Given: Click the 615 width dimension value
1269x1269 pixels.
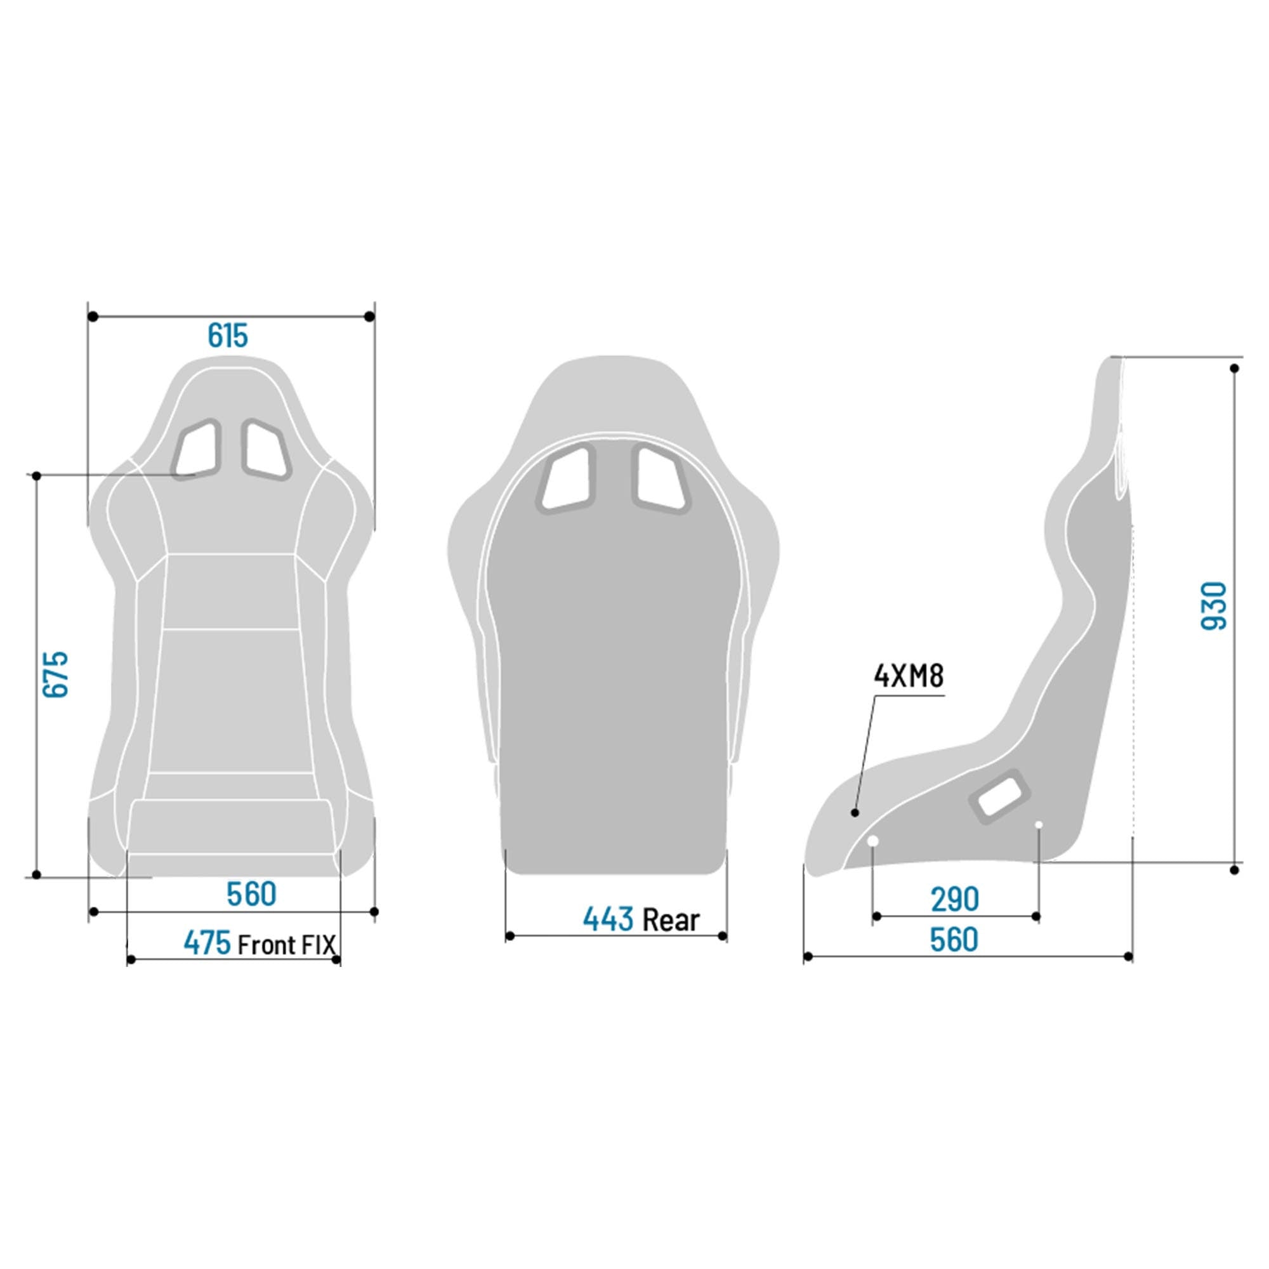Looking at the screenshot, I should [228, 336].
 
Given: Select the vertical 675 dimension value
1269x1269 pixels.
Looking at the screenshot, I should [56, 674].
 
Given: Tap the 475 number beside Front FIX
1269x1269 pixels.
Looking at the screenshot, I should [207, 944].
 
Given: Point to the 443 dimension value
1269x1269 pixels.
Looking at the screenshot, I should [608, 919].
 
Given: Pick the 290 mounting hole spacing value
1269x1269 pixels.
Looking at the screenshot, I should [954, 899].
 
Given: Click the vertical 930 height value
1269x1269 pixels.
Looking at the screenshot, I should [1214, 605].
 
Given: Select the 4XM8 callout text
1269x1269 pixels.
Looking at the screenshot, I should [909, 676].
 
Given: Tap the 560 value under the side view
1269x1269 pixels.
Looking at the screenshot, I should [954, 940].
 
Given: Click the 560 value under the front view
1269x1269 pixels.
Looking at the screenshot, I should [251, 894].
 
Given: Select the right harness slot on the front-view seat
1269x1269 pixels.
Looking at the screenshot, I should [266, 449].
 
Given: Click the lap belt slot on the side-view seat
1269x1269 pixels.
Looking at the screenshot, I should [1000, 796].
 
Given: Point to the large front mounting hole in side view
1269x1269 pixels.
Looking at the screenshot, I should [873, 841].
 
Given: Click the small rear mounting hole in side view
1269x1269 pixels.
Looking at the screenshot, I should [1039, 824].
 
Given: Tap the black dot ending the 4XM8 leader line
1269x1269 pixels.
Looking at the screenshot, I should [855, 813].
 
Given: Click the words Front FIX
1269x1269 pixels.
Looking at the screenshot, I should [286, 945].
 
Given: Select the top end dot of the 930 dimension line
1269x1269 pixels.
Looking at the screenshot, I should [1235, 369].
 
